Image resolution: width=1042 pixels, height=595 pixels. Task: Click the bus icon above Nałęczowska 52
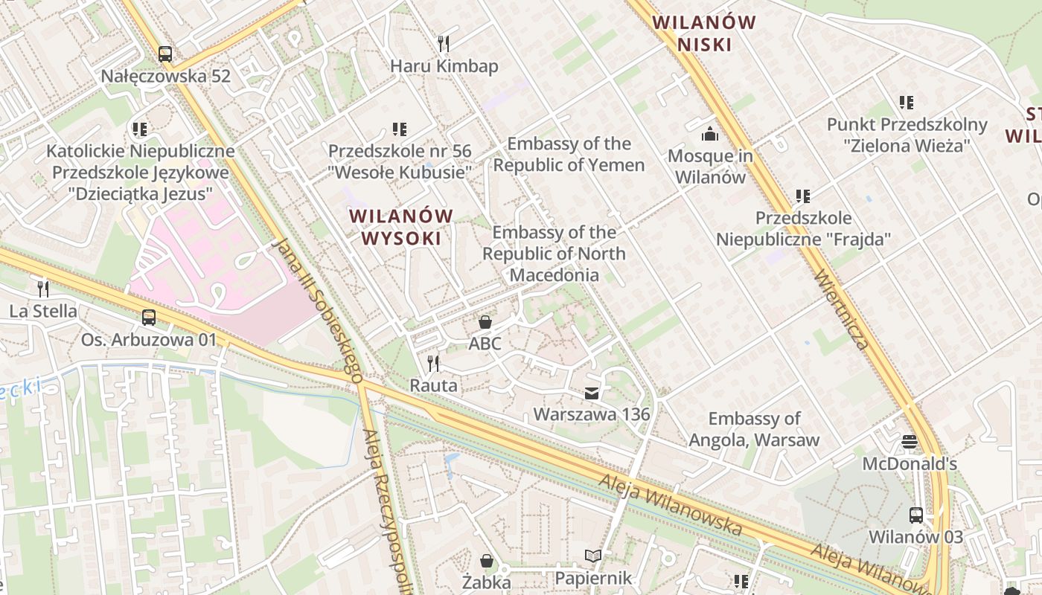point(165,54)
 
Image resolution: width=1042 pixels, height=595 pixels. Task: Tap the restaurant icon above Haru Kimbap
point(444,43)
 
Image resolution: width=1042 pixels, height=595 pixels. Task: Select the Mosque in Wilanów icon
point(710,134)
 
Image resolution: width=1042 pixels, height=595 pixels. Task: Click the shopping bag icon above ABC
point(485,321)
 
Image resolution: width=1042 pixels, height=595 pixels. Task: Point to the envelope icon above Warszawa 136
point(592,393)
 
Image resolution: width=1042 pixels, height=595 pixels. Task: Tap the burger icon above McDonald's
point(909,442)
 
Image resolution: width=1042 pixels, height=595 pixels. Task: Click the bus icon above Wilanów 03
point(916,515)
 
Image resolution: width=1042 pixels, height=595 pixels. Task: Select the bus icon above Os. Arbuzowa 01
point(149,318)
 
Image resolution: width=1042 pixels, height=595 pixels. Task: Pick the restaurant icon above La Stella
point(43,289)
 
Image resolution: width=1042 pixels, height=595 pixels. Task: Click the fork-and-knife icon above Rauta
point(433,363)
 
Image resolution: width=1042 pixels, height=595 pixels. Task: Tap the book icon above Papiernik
point(593,556)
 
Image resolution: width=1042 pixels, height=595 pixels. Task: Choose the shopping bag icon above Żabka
point(487,560)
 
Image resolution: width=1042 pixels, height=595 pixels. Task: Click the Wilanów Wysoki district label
point(402,227)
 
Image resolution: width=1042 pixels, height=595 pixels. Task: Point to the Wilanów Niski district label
point(704,33)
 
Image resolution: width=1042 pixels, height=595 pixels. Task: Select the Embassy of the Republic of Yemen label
point(569,154)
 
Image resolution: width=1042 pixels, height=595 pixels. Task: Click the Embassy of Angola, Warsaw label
point(754,429)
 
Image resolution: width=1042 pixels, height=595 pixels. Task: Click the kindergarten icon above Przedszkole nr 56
point(400,129)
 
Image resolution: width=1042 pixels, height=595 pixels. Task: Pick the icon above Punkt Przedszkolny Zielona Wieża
point(907,103)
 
